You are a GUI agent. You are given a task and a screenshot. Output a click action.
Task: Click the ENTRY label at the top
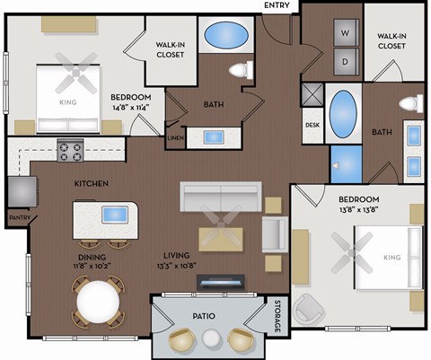(x=276, y=5)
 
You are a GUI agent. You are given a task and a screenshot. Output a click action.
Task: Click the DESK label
(x=312, y=126)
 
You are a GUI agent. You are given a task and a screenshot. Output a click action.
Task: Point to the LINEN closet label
(x=174, y=137)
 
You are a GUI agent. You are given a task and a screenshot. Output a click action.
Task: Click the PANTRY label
(x=20, y=216)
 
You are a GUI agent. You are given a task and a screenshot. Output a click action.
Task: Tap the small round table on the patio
(x=211, y=339)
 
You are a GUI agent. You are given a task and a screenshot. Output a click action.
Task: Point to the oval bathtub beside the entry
(x=223, y=36)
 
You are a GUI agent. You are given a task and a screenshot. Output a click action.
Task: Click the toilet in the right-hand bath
(x=410, y=102)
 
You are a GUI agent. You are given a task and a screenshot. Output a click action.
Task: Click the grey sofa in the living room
(x=221, y=195)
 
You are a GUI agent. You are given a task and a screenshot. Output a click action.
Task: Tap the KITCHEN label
(x=92, y=184)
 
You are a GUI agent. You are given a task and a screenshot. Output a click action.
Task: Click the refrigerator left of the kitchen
(x=22, y=190)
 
